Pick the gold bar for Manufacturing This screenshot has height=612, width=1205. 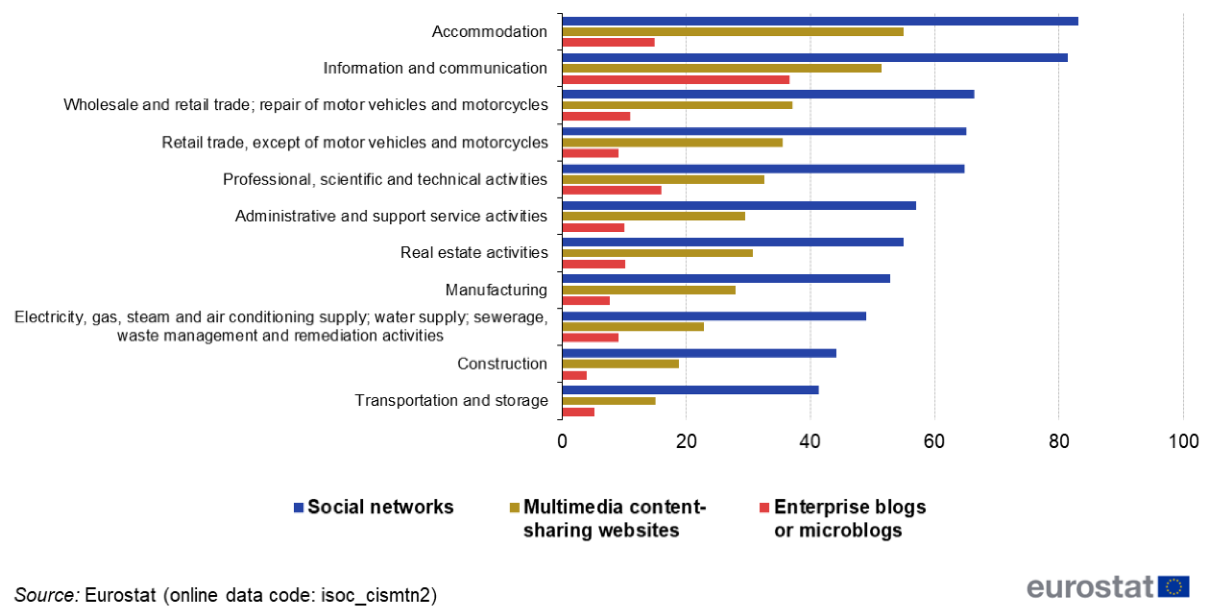click(648, 290)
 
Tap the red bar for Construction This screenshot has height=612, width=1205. click(574, 375)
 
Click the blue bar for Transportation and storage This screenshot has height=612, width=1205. click(690, 390)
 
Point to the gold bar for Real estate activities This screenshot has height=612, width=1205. click(657, 253)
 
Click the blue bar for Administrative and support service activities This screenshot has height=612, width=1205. click(739, 205)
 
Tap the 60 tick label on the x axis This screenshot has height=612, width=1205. click(934, 441)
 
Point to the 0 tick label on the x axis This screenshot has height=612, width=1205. click(562, 441)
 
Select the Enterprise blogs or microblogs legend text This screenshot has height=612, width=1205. click(849, 518)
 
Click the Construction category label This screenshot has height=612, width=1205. click(502, 363)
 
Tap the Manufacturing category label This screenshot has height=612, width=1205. click(496, 290)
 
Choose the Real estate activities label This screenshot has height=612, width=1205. click(473, 253)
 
